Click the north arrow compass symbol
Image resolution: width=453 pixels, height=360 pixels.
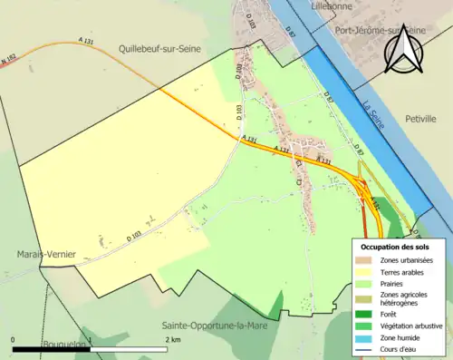[404, 50]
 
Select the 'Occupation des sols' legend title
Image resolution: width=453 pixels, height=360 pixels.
[395, 247]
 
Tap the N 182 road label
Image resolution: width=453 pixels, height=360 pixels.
[8, 62]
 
